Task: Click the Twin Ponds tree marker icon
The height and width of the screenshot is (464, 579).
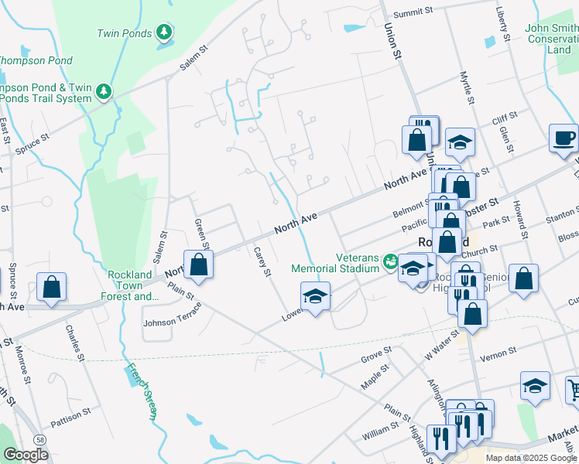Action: click(163, 32)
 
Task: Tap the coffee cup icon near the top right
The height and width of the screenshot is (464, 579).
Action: click(564, 138)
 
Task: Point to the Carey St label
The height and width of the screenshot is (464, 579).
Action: click(262, 261)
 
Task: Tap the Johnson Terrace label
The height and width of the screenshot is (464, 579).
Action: click(172, 314)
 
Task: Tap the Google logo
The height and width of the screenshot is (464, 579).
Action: click(26, 454)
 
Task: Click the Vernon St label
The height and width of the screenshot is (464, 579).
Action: click(498, 353)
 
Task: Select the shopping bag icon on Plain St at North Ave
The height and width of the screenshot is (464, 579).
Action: click(199, 264)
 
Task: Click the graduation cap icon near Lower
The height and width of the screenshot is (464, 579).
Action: click(315, 296)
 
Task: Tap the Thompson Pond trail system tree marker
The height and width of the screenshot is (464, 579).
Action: click(104, 92)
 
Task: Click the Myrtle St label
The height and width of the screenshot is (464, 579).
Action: click(467, 87)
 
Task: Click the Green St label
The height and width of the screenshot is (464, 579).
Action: click(200, 230)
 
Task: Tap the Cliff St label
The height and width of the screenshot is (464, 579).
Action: click(504, 119)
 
